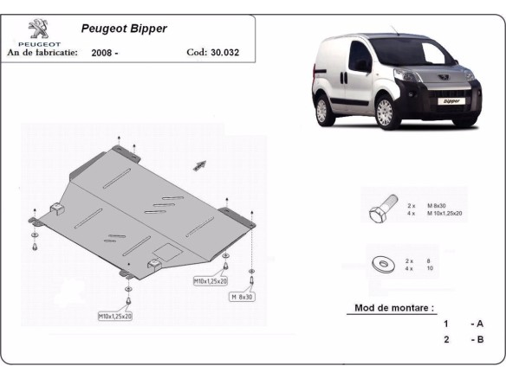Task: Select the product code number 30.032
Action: point(224,52)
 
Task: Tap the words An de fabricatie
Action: point(42,52)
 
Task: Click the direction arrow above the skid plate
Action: point(200,164)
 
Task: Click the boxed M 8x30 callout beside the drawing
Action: point(242,297)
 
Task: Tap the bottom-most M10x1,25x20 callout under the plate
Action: point(114,317)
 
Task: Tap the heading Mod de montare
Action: point(395,308)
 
